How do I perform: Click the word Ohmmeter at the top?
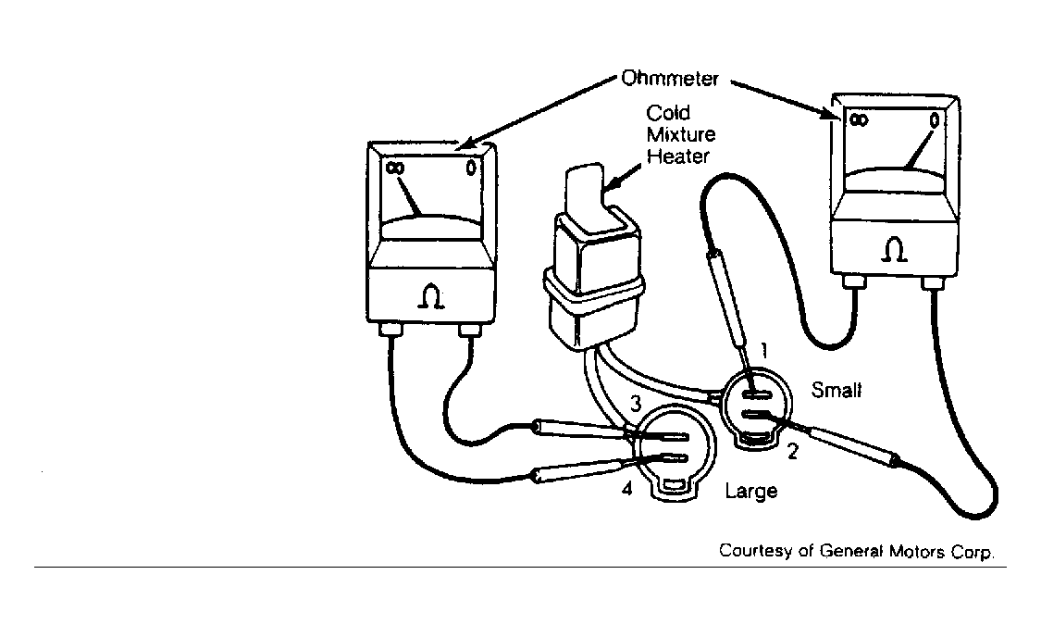[x=669, y=79]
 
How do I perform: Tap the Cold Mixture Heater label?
[x=680, y=134]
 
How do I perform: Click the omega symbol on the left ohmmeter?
[x=430, y=296]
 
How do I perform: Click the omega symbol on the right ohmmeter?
[x=894, y=250]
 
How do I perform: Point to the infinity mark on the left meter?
[x=394, y=169]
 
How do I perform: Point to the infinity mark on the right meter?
[x=859, y=120]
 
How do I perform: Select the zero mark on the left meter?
[x=471, y=169]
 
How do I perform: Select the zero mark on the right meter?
[x=934, y=121]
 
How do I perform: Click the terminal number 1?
[x=764, y=350]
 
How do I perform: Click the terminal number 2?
[x=792, y=452]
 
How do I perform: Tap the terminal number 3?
[x=636, y=403]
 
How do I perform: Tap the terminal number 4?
[x=627, y=489]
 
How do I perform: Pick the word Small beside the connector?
[x=837, y=390]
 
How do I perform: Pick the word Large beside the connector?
[x=750, y=491]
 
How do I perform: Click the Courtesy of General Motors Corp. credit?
[x=857, y=551]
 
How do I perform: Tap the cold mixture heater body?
[x=593, y=266]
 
